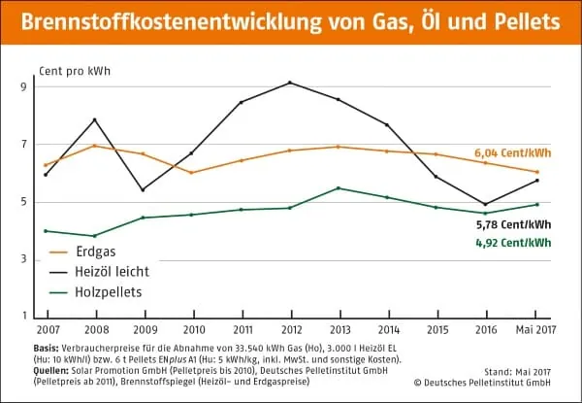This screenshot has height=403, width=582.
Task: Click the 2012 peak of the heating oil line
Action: pyautogui.click(x=290, y=83)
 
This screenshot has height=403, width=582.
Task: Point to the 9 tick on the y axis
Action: pyautogui.click(x=24, y=86)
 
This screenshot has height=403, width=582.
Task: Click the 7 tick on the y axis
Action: pyautogui.click(x=24, y=144)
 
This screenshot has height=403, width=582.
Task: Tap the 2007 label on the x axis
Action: pyautogui.click(x=46, y=330)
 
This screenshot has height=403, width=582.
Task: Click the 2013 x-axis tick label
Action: pyautogui.click(x=339, y=330)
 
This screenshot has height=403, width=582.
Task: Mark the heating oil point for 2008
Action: pyautogui.click(x=93, y=119)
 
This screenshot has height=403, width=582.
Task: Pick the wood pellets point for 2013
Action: pyautogui.click(x=339, y=187)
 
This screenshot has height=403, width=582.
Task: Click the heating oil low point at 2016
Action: pyautogui.click(x=485, y=204)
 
